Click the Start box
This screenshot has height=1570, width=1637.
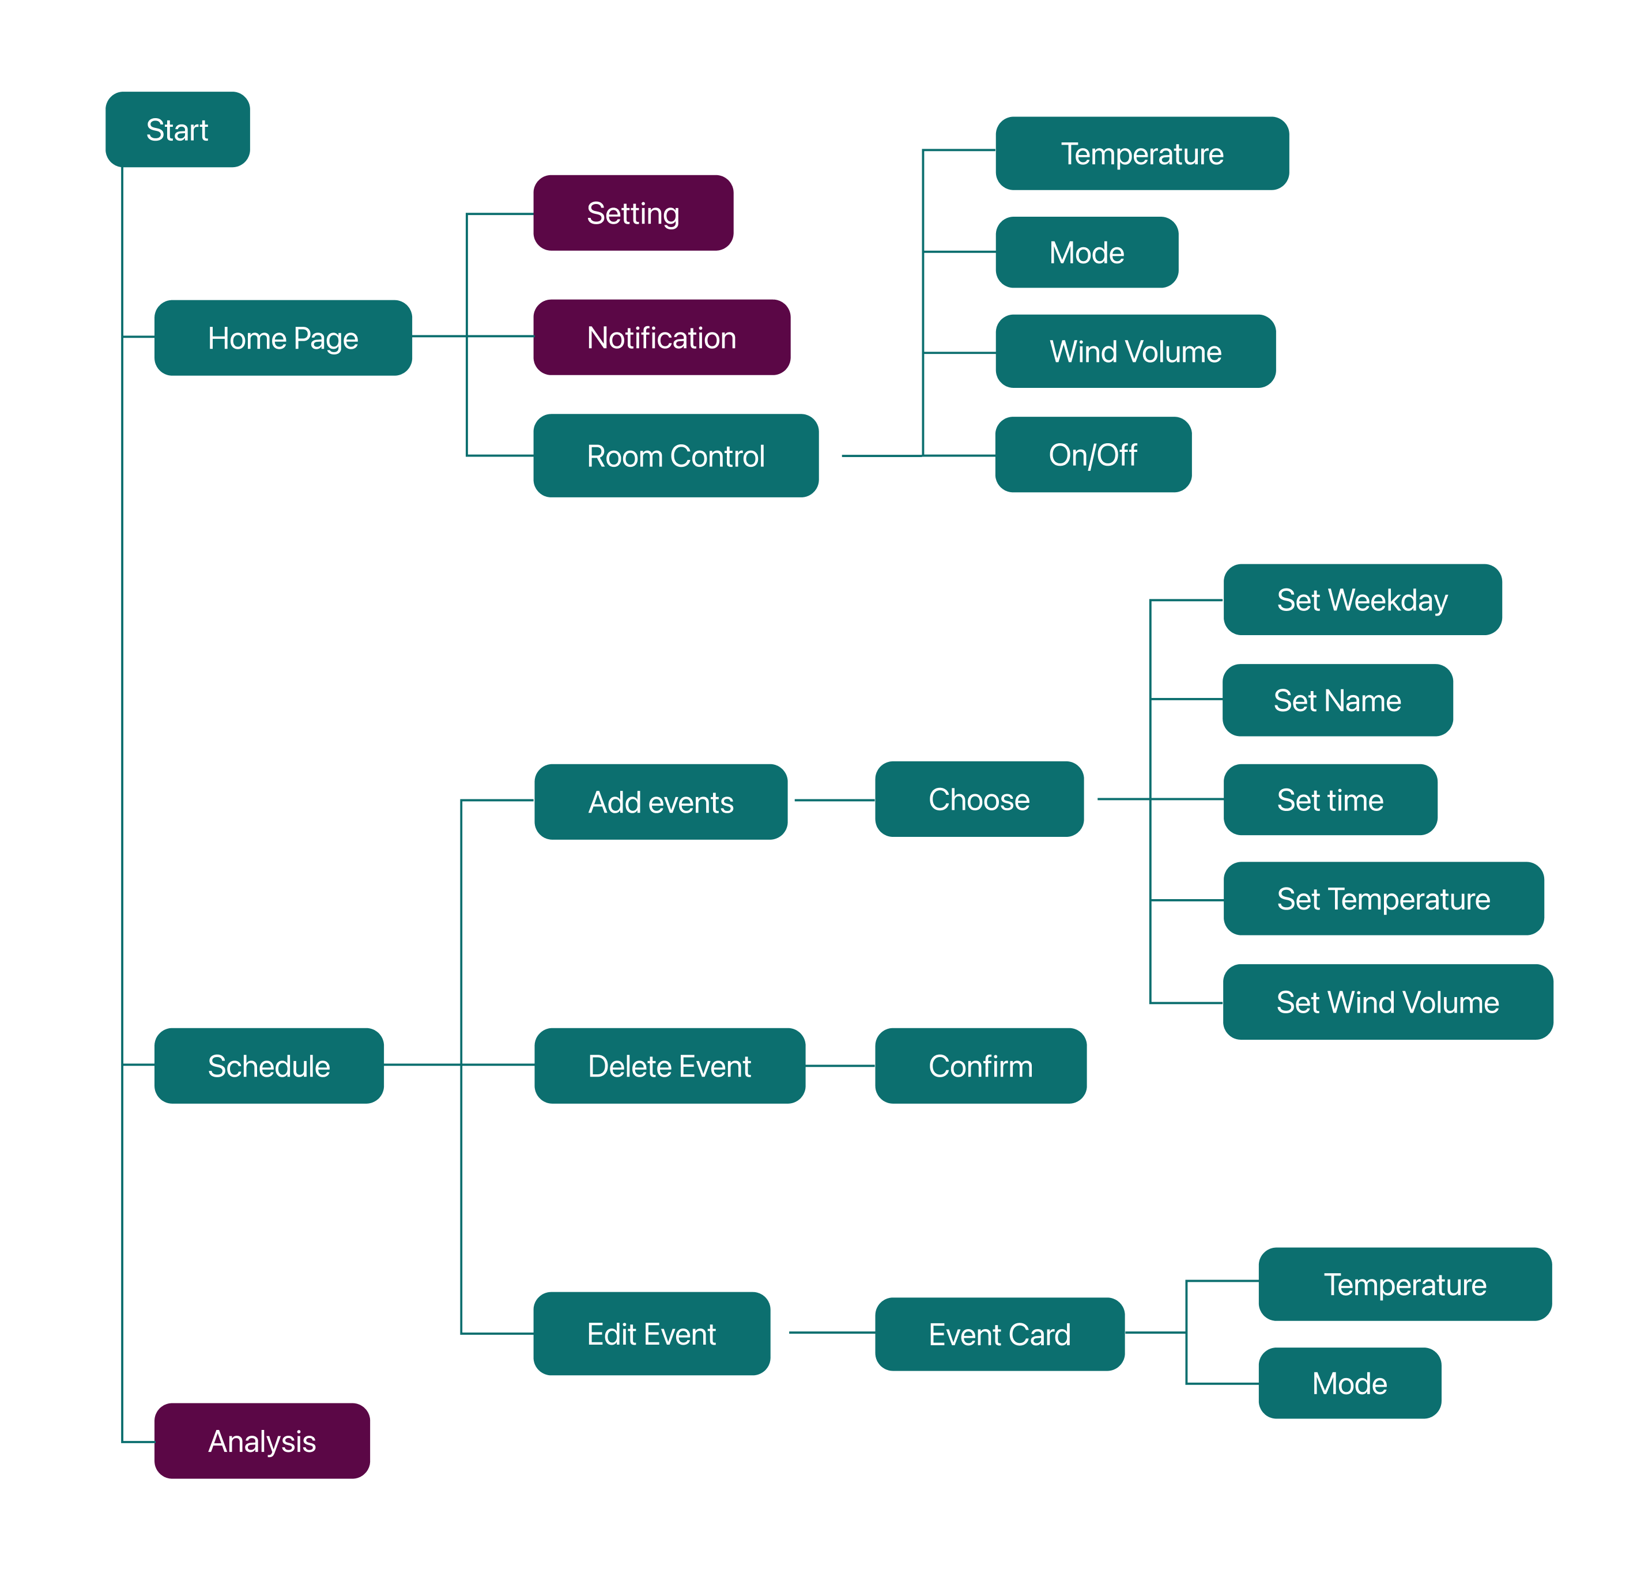pyautogui.click(x=177, y=130)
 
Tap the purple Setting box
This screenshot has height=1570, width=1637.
pyautogui.click(x=633, y=213)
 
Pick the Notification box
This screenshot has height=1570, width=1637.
pyautogui.click(x=662, y=337)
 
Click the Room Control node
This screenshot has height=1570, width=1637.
pyautogui.click(x=676, y=456)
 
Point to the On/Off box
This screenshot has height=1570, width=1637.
pyautogui.click(x=1092, y=455)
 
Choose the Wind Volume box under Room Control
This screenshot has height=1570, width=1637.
pyautogui.click(x=1135, y=352)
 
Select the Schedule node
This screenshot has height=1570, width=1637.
pyautogui.click(x=269, y=1066)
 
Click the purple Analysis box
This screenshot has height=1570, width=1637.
pyautogui.click(x=262, y=1440)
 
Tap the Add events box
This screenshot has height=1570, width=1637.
pyautogui.click(x=661, y=802)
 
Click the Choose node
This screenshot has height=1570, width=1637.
pyautogui.click(x=979, y=799)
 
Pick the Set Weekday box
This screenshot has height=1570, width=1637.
pyautogui.click(x=1362, y=599)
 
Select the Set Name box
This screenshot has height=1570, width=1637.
pyautogui.click(x=1337, y=700)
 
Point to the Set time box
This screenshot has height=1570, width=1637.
pyautogui.click(x=1330, y=800)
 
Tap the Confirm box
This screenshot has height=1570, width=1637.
pyautogui.click(x=980, y=1066)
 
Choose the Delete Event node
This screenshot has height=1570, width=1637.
pyautogui.click(x=670, y=1066)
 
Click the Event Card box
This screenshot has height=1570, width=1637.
pyautogui.click(x=999, y=1334)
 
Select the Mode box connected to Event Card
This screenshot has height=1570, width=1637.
pyautogui.click(x=1349, y=1383)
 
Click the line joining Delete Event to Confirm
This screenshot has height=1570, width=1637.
pyautogui.click(x=840, y=1066)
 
